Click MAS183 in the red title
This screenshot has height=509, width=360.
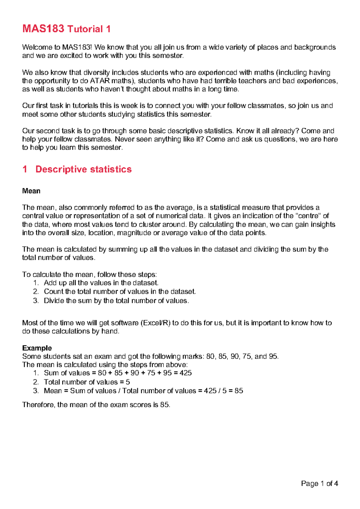43,29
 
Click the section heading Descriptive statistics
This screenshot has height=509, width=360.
83,169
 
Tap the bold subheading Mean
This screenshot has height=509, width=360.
31,191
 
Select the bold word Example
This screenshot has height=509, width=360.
37,348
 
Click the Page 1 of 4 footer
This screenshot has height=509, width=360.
319,483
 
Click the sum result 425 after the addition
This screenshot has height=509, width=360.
185,373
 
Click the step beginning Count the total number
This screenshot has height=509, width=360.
120,291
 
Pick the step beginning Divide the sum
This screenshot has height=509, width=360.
116,300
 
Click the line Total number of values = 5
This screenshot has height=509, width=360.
87,382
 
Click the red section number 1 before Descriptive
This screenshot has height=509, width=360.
25,169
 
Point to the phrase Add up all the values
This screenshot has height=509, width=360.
77,283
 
